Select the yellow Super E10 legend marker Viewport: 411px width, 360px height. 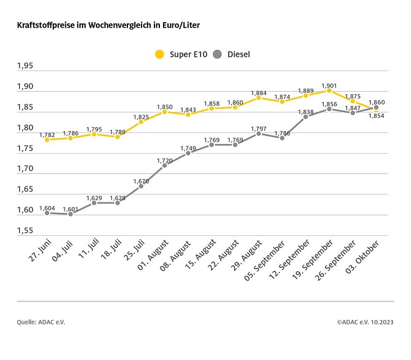click(x=159, y=54)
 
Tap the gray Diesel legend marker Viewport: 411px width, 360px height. click(x=217, y=54)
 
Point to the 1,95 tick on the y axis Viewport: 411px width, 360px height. click(x=25, y=66)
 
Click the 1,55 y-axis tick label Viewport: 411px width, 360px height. click(x=25, y=231)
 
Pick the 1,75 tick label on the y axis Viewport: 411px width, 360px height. click(x=25, y=148)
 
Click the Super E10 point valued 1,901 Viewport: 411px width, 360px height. click(x=329, y=90)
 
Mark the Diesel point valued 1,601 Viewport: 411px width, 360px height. click(x=70, y=214)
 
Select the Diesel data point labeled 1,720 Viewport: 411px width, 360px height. click(x=164, y=165)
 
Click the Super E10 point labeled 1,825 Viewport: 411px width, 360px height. click(x=141, y=121)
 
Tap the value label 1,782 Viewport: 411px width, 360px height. click(x=47, y=135)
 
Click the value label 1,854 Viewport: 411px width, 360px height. click(x=376, y=115)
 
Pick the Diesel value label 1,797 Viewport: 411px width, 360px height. click(x=258, y=128)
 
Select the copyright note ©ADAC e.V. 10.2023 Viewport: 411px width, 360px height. click(x=365, y=322)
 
